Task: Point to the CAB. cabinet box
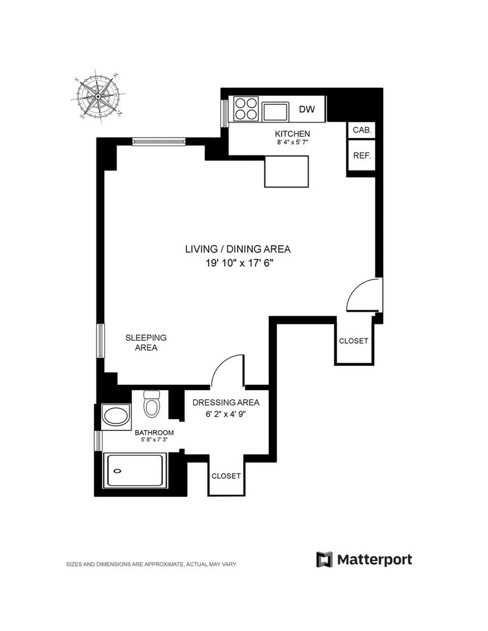[x=362, y=130]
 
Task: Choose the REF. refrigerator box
[x=362, y=155]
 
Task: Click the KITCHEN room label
[x=292, y=134]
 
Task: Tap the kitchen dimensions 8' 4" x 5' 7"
[x=292, y=143]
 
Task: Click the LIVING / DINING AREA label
[x=237, y=249]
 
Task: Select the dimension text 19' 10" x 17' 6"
[x=237, y=264]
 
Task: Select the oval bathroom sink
[x=116, y=416]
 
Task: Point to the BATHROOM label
[x=153, y=433]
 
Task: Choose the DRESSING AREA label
[x=225, y=403]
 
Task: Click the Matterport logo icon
[x=324, y=559]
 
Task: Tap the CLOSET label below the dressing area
[x=225, y=476]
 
